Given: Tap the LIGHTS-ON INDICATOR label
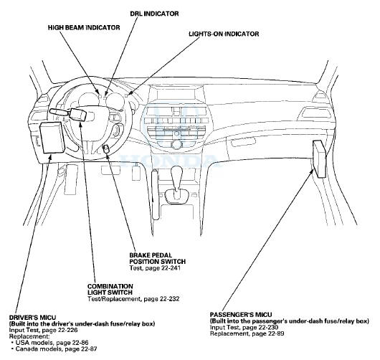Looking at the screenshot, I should [x=223, y=34].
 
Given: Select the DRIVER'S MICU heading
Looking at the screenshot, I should [x=29, y=316].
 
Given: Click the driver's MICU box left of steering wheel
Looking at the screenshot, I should [x=52, y=136].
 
